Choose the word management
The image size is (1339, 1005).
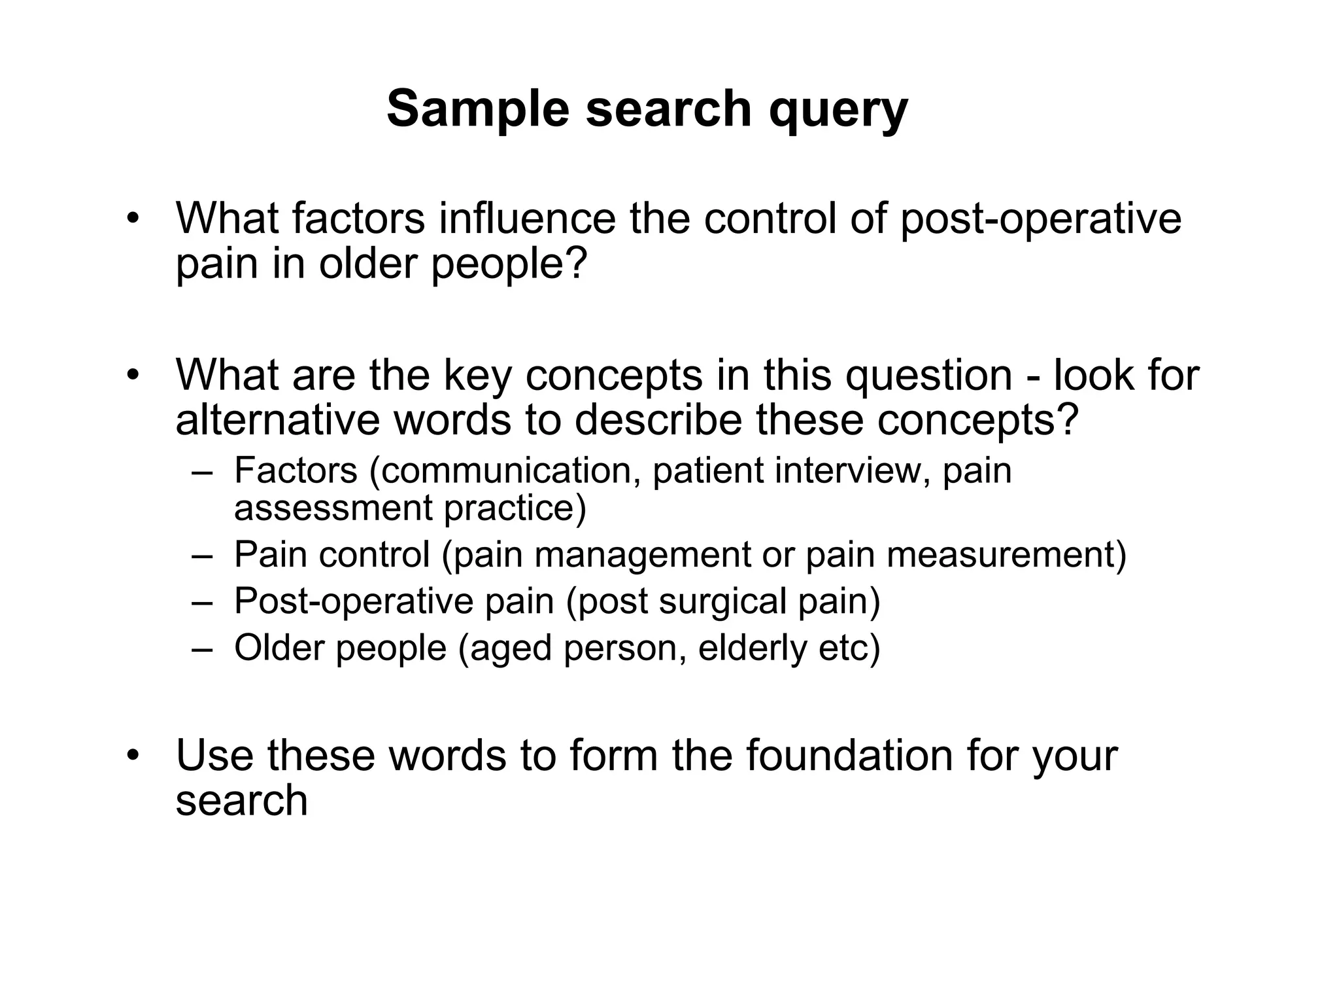point(643,555)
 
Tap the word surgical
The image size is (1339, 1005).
point(722,601)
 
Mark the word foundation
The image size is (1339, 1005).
point(849,754)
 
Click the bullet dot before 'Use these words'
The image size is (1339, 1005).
point(134,756)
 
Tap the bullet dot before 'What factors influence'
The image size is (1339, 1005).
point(134,219)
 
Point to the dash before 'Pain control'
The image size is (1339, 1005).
point(203,556)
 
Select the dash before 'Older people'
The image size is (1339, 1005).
point(203,648)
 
